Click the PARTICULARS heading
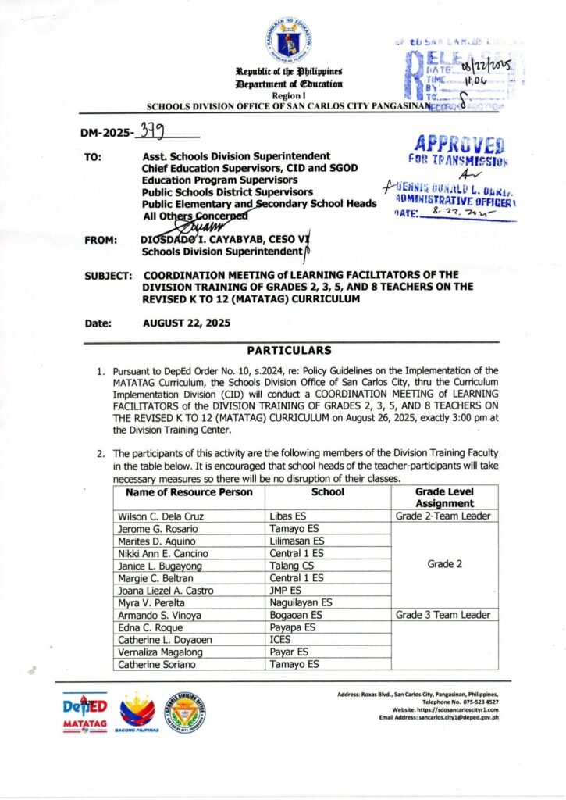tap(289, 350)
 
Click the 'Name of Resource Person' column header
tap(184, 492)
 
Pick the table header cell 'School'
tap(328, 492)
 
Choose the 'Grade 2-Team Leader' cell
tap(443, 516)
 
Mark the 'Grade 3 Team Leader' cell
tap(443, 615)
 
